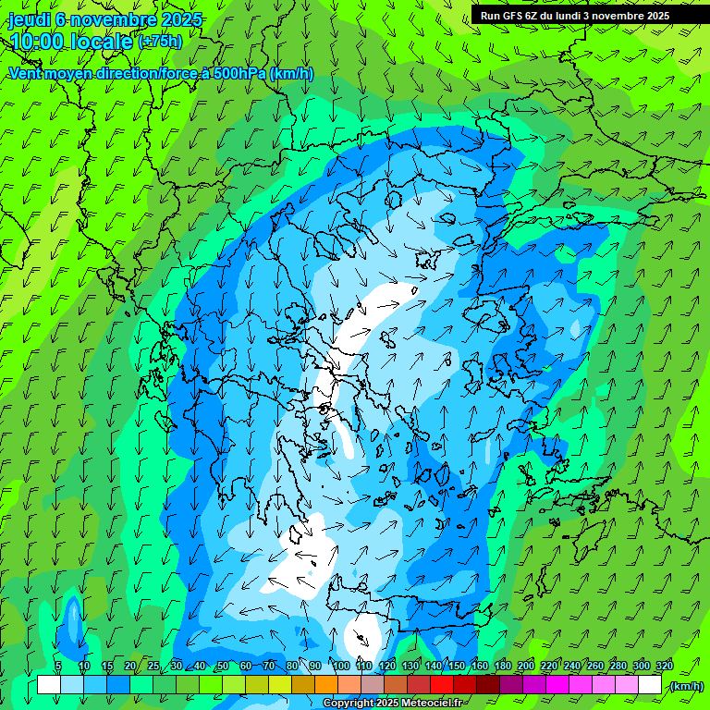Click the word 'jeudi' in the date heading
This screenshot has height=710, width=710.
click(x=30, y=19)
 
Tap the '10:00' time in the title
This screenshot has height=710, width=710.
click(x=37, y=42)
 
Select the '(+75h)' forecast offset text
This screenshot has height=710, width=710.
click(x=160, y=42)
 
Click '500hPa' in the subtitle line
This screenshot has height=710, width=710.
click(x=239, y=73)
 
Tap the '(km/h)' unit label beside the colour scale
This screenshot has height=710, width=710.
click(x=686, y=686)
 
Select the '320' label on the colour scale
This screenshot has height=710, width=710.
click(x=663, y=667)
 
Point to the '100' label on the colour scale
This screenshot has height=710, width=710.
click(x=341, y=667)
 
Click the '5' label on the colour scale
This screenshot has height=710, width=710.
click(x=58, y=667)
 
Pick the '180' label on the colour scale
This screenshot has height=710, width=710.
click(x=502, y=667)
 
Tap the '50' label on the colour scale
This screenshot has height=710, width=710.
click(x=222, y=667)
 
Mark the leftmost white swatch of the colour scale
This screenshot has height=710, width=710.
click(x=49, y=685)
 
